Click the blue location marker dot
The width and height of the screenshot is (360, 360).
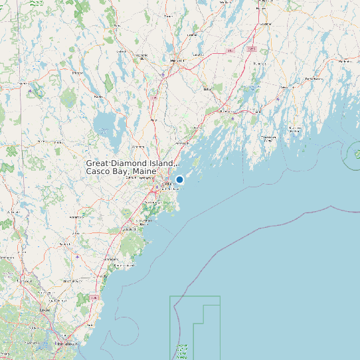coord(179,179)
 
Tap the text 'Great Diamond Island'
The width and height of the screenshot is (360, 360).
coord(130,163)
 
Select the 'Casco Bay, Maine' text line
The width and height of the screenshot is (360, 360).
coord(122,172)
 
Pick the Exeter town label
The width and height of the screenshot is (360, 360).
coord(45,310)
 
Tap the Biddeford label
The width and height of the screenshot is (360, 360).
coord(126,229)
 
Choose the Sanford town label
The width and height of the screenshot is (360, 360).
coord(65,244)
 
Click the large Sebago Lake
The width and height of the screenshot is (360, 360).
coord(104,123)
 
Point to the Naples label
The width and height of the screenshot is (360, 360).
coord(99,97)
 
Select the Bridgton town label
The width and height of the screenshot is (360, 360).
coord(77,72)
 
